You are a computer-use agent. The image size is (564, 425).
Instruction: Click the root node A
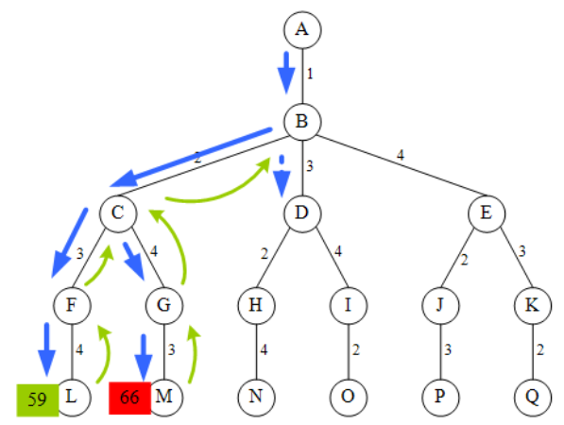[301, 28]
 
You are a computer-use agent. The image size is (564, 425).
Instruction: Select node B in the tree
[301, 121]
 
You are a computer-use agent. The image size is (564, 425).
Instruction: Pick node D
[301, 212]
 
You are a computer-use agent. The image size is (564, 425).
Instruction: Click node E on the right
[486, 212]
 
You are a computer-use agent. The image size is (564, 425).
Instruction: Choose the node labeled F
[72, 304]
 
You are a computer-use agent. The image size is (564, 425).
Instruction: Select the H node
[255, 304]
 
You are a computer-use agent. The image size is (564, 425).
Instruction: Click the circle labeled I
[348, 304]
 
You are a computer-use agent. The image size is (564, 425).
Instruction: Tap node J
[439, 304]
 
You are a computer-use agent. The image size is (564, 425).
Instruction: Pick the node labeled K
[532, 304]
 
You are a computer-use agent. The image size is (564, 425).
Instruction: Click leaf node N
[255, 396]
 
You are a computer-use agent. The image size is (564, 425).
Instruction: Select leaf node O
[348, 396]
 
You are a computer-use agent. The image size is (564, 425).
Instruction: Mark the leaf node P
[439, 396]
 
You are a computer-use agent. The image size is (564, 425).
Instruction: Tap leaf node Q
[532, 396]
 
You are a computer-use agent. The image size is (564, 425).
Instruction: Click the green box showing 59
[37, 399]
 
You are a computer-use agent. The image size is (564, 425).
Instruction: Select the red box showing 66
[129, 399]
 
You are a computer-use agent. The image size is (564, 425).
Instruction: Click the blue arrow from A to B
[284, 74]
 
